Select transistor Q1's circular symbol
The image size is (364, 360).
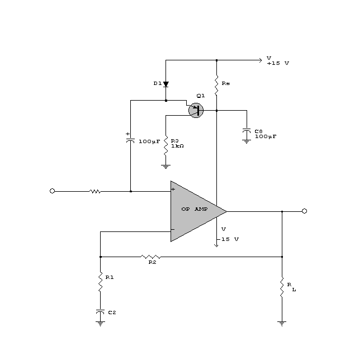pos(196,110)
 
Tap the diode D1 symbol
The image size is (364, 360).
pos(166,84)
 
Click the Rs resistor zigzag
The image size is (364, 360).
pos(216,84)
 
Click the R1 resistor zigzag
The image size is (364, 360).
pos(100,283)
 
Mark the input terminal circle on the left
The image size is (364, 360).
pos(53,191)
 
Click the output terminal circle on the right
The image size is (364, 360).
pos(304,211)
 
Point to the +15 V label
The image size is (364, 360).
pos(278,63)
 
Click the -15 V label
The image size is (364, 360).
pos(230,239)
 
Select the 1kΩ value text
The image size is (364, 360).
pos(177,145)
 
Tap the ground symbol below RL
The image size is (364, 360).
pos(282,323)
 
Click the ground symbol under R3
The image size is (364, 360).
pos(166,165)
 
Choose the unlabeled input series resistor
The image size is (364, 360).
pos(95,191)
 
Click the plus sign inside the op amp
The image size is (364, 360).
pos(173,190)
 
